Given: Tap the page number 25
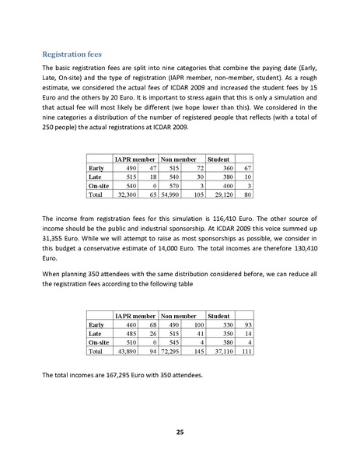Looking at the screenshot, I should [x=180, y=432].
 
